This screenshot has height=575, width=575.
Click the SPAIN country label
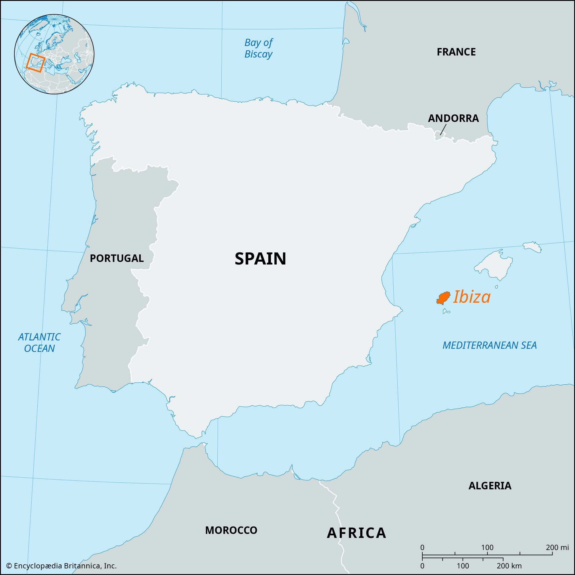click(x=260, y=259)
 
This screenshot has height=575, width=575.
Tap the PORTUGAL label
click(x=117, y=258)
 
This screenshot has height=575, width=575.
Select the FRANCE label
click(x=456, y=52)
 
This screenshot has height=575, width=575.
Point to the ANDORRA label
click(x=453, y=118)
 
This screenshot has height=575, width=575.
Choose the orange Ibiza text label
click(x=471, y=297)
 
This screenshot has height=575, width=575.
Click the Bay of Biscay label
click(x=258, y=48)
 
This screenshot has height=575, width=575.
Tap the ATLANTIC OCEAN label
click(x=39, y=343)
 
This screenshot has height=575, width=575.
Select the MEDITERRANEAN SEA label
click(x=490, y=345)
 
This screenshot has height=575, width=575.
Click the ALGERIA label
click(x=490, y=486)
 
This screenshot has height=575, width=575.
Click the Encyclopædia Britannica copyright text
click(x=61, y=566)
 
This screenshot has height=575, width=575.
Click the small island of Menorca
click(x=532, y=247)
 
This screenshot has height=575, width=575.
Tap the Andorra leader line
click(x=443, y=130)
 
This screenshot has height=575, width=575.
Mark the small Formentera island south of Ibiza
click(x=446, y=311)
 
